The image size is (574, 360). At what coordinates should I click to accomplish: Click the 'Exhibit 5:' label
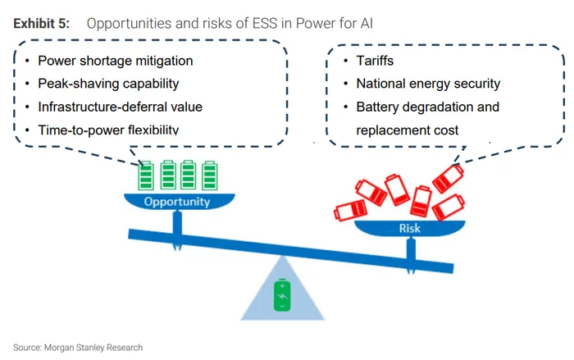click(x=41, y=24)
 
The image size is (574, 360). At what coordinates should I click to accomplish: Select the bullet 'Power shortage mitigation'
click(x=116, y=61)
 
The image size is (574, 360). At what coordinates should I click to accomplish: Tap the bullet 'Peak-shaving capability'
click(x=108, y=84)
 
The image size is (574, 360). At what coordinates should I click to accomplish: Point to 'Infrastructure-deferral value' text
click(x=120, y=107)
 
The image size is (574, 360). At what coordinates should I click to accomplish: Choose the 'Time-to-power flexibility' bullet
click(x=108, y=130)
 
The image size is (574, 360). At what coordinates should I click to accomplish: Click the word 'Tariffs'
click(x=375, y=61)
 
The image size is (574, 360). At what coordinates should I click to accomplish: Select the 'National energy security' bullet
click(x=428, y=84)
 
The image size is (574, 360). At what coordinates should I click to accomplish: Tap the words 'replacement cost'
click(x=407, y=130)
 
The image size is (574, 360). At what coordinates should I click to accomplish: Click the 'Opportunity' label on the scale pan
click(x=177, y=202)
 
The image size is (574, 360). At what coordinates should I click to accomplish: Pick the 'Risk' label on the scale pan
click(x=410, y=229)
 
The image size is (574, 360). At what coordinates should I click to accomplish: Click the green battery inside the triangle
click(x=282, y=295)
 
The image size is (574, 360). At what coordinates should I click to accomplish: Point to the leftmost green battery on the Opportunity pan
click(x=146, y=175)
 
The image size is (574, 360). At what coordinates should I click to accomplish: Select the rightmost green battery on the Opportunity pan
click(x=210, y=175)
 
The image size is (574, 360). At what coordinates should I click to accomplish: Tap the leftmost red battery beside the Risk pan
click(x=350, y=211)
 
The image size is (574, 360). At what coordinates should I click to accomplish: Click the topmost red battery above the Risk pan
click(x=449, y=178)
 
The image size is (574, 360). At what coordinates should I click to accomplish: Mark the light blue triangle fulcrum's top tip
click(x=282, y=255)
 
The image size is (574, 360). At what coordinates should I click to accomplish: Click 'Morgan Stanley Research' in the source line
click(x=93, y=348)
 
